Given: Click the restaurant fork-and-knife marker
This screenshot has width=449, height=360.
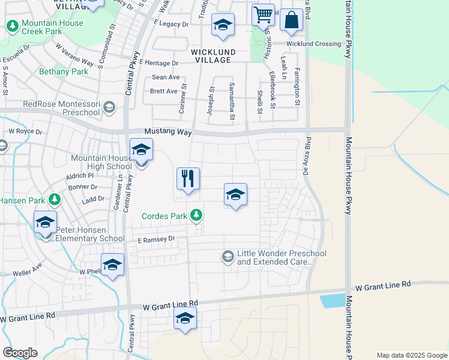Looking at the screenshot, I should (x=188, y=179).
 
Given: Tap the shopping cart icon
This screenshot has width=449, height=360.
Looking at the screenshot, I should (x=263, y=15).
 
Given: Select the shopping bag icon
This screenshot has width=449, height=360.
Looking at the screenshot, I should (x=291, y=20).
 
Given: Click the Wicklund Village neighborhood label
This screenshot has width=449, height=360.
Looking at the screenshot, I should (x=211, y=56).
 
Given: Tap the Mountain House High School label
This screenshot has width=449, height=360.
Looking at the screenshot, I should (x=101, y=162).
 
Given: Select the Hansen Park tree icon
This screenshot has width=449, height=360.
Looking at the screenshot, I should (x=55, y=199).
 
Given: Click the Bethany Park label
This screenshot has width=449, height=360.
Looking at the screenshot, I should (x=63, y=71).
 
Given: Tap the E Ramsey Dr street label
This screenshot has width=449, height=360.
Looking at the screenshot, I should (x=155, y=239).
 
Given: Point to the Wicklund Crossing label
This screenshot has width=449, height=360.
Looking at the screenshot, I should (x=313, y=44).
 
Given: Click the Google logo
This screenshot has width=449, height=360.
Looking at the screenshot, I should (x=20, y=353).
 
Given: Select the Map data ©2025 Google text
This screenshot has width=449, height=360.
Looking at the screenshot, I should (x=411, y=355).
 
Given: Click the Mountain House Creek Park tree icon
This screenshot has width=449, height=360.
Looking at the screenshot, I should (x=11, y=26).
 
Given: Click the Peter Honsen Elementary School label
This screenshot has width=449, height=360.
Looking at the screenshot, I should (x=90, y=234).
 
